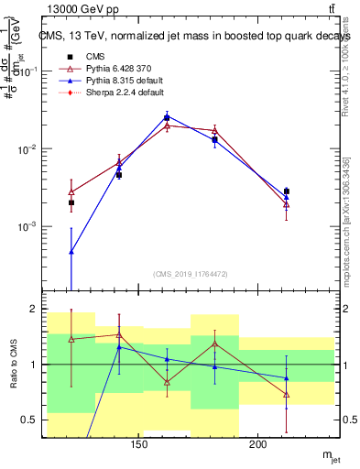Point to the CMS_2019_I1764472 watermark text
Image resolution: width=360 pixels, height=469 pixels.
[x=191, y=274]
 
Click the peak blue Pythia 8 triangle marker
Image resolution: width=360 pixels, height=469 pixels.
[x=167, y=116]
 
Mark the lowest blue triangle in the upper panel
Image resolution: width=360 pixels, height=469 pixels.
[x=71, y=251]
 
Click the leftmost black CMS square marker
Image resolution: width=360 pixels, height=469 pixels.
[x=71, y=202]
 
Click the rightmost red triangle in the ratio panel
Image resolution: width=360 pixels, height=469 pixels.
[x=286, y=395]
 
